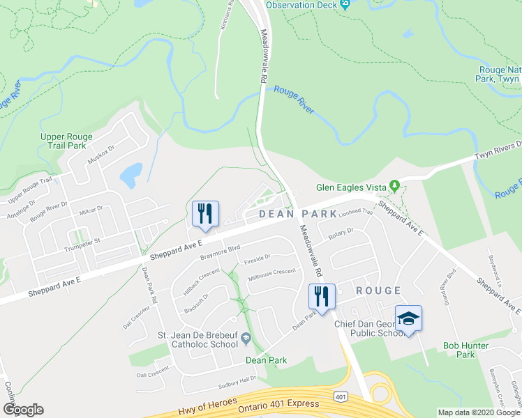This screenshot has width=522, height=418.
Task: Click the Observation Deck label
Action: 301,5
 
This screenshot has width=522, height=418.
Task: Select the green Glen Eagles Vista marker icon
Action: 394,185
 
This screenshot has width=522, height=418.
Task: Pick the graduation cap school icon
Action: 408,318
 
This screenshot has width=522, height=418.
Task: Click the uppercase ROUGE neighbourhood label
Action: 379,291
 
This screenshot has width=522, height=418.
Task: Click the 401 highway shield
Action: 341,396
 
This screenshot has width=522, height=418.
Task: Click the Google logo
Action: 22,410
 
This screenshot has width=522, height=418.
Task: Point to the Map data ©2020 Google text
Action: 479,412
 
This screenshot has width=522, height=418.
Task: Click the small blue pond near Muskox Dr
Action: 131,175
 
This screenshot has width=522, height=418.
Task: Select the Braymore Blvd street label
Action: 221,251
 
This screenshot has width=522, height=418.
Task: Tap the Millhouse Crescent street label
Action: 272,274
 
